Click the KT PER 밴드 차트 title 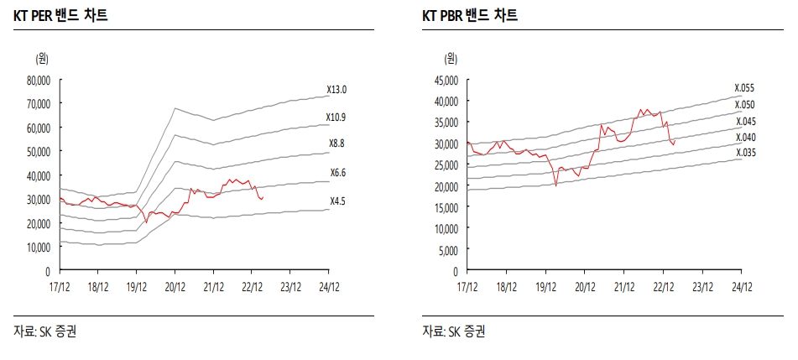coord(60,16)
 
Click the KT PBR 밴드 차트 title coord(470,16)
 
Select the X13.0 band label coord(337,90)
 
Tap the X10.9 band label coord(337,116)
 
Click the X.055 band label coord(745,88)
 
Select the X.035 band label coord(745,153)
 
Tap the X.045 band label coord(745,121)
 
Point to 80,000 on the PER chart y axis coord(39,81)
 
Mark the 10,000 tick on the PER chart coord(39,248)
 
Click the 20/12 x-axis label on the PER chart coord(175,285)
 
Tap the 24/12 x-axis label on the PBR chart coord(741,285)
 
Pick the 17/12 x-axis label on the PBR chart coord(467,285)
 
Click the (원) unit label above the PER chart coord(42,58)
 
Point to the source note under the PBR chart coord(453,331)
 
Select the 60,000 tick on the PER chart coord(39,128)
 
